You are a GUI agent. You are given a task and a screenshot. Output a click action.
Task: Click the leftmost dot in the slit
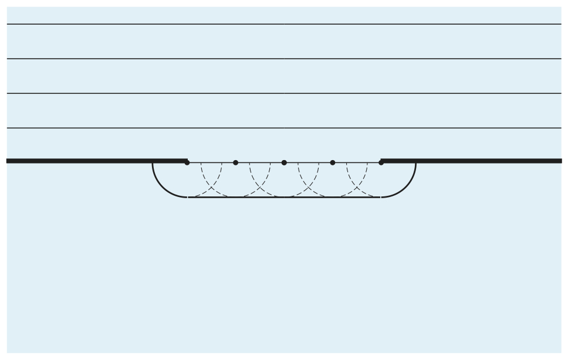(x=187, y=162)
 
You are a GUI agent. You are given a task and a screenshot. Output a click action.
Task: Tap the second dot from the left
(x=236, y=162)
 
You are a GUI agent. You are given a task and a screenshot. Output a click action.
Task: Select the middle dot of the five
(x=284, y=162)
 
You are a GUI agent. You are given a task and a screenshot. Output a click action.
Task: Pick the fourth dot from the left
(x=333, y=162)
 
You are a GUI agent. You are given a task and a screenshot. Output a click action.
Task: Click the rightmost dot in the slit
(x=381, y=162)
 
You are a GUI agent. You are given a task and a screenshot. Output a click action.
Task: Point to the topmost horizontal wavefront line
(x=284, y=24)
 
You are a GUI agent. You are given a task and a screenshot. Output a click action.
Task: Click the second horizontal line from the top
(x=284, y=59)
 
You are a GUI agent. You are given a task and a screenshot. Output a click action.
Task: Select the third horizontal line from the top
(x=284, y=93)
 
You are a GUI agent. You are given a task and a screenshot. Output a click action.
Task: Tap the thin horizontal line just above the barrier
(x=284, y=128)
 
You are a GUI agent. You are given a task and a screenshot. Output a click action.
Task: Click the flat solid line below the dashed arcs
(x=284, y=197)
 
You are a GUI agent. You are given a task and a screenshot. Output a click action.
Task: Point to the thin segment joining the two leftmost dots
(x=211, y=162)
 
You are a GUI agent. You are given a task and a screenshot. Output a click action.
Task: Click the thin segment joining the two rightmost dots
(x=357, y=162)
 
